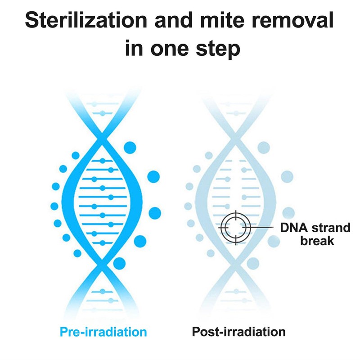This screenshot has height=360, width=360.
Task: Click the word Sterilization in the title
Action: pyautogui.click(x=86, y=20)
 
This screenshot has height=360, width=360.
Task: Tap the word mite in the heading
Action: pyautogui.click(x=222, y=20)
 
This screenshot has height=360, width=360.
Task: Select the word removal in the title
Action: pyautogui.click(x=293, y=20)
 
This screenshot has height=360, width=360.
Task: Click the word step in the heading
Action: pyautogui.click(x=218, y=49)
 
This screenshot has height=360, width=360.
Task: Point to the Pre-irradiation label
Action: pyautogui.click(x=103, y=332)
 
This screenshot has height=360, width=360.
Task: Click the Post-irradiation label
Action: pyautogui.click(x=239, y=332)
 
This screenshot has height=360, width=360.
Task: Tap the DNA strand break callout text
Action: pyautogui.click(x=315, y=234)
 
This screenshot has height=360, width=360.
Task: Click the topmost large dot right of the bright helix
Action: pyautogui.click(x=130, y=148)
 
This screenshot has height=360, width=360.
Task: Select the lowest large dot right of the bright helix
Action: pyautogui.click(x=119, y=263)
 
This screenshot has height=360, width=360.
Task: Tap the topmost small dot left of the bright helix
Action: pyautogui.click(x=76, y=155)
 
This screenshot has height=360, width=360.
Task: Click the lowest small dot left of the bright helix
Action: pyautogui.click(x=77, y=253)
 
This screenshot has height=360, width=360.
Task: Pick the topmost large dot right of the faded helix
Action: pyautogui.click(x=264, y=148)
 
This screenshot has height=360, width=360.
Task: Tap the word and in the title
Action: pyautogui.click(x=174, y=20)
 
